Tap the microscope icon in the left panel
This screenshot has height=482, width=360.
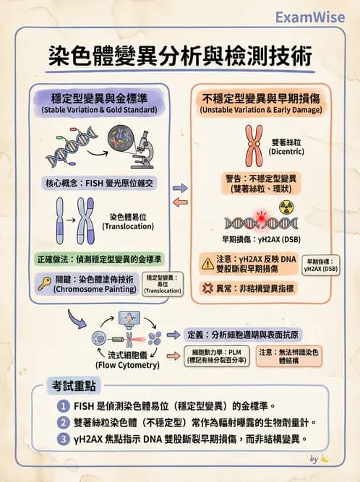pos(142,148)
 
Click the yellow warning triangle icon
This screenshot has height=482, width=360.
pos(207,264)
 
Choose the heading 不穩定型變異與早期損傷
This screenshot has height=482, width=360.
pos(261,100)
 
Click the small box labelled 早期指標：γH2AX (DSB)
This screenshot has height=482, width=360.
pos(320,264)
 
